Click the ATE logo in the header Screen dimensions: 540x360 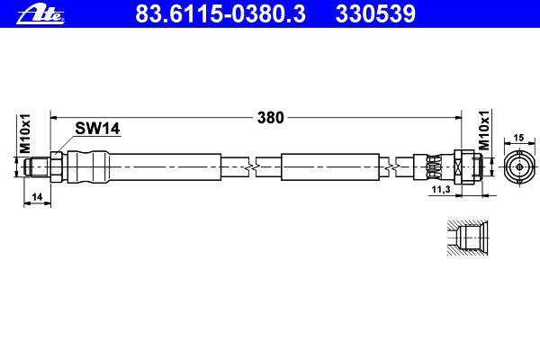pos(40,15)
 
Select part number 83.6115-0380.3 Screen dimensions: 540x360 pos(220,13)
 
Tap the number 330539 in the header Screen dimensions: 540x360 pos(375,13)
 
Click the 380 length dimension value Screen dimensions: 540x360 pos(271,118)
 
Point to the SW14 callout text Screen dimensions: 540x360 pos(97,129)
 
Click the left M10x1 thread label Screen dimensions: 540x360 pos(25,134)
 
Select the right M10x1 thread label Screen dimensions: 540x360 pos(484,130)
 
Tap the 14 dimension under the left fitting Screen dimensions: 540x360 pos(37,197)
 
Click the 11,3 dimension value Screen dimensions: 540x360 pos(441,189)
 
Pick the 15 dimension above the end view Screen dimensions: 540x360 pos(518,138)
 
